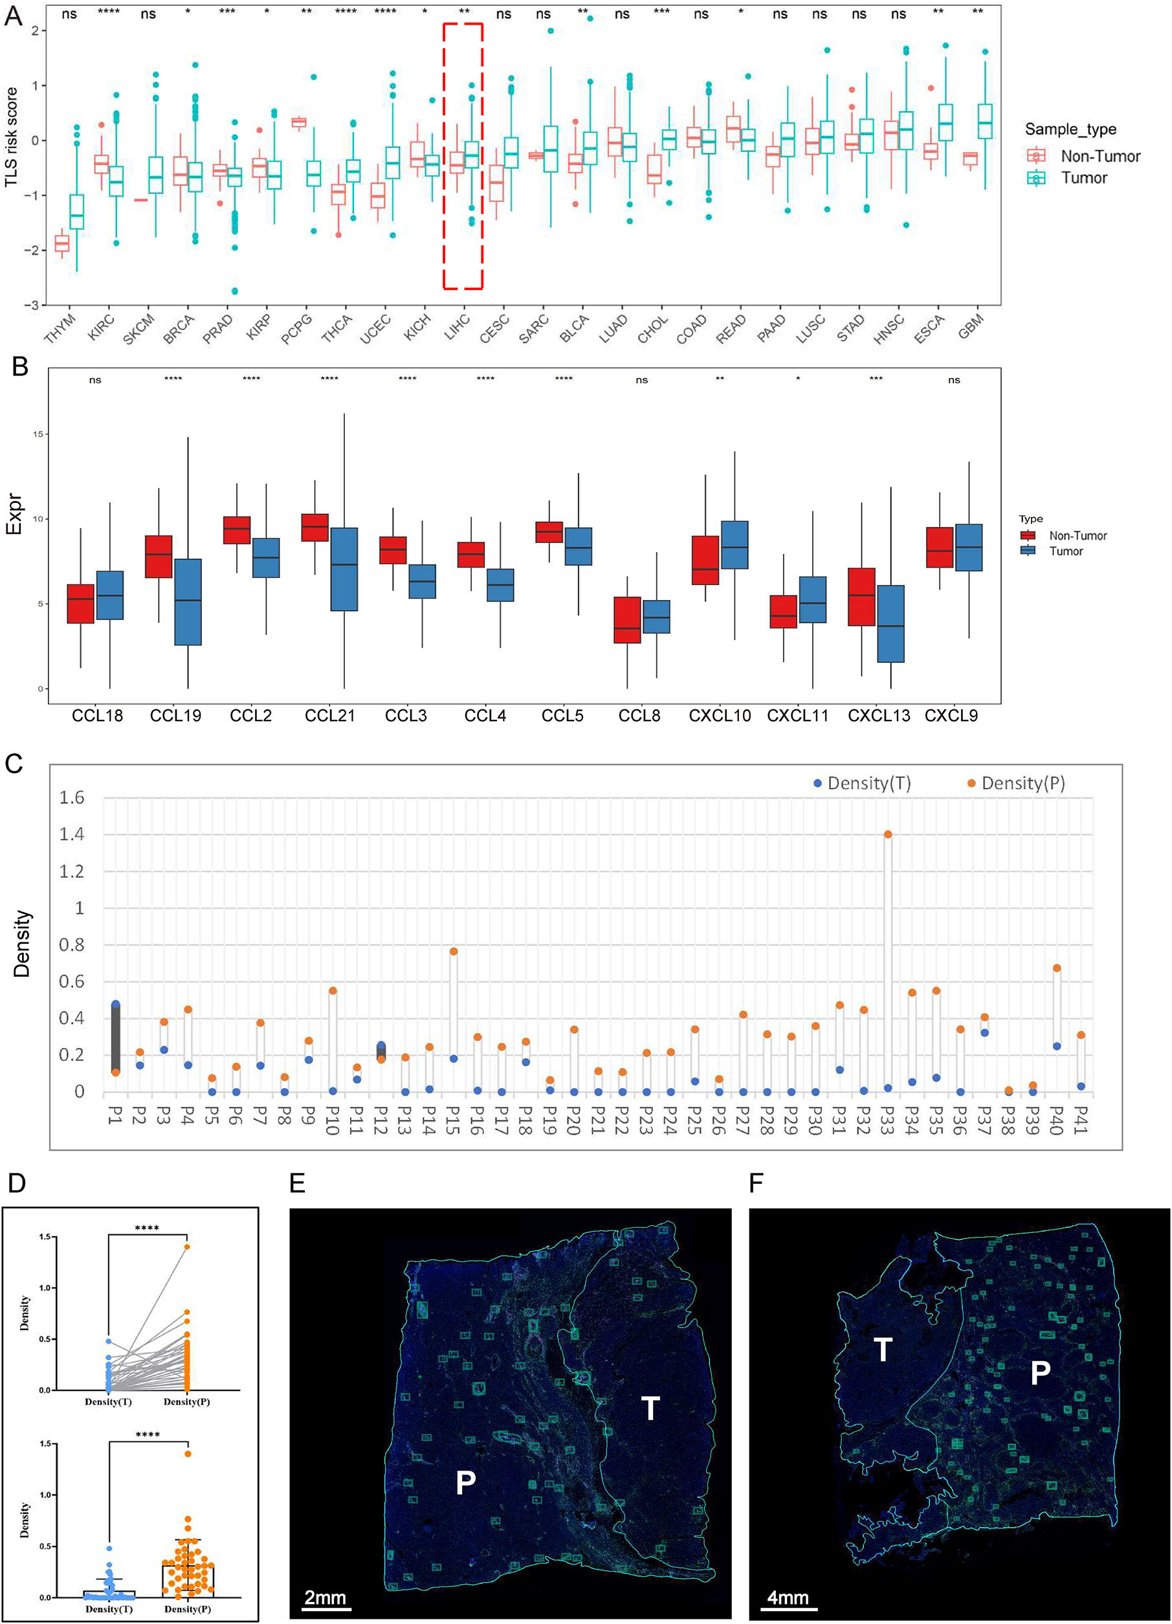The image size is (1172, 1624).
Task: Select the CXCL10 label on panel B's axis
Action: tap(720, 715)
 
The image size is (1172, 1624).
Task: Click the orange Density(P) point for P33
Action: tap(888, 834)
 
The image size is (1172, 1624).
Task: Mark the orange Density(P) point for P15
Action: tap(453, 951)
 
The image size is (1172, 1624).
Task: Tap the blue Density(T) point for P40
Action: tap(1056, 1046)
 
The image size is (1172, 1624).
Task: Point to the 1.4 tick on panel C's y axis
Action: tap(71, 834)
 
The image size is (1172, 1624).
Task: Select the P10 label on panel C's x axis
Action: tap(332, 1119)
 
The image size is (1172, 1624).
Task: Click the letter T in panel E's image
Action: tap(649, 1408)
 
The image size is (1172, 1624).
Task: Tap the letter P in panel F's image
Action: tap(1039, 1372)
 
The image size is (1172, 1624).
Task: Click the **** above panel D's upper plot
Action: tap(147, 1229)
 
